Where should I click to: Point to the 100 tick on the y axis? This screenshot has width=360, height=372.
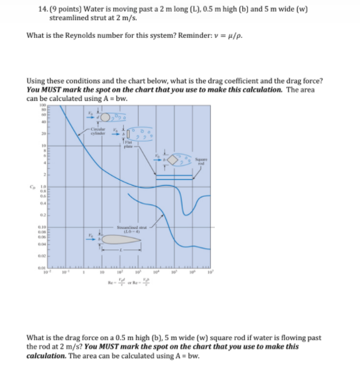pyautogui.click(x=41, y=106)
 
